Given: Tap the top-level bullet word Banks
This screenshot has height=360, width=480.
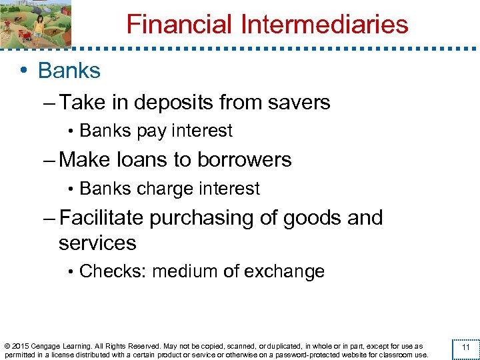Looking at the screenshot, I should click(x=69, y=71).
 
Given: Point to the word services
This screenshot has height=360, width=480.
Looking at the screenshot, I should click(x=97, y=242).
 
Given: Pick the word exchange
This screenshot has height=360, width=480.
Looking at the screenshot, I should click(x=285, y=271).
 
